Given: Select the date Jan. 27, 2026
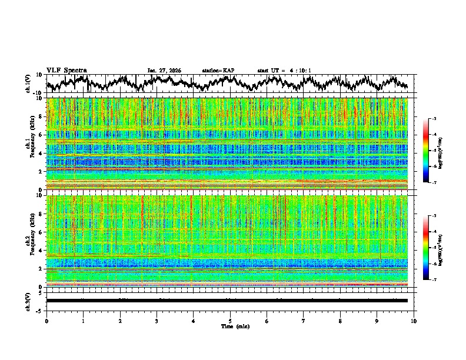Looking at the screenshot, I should pyautogui.click(x=164, y=71).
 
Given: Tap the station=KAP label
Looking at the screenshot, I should pyautogui.click(x=218, y=71).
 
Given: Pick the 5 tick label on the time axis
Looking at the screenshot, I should pyautogui.click(x=230, y=321).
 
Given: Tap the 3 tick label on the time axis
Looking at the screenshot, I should pyautogui.click(x=157, y=321).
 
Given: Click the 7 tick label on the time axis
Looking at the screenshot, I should pyautogui.click(x=304, y=321).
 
